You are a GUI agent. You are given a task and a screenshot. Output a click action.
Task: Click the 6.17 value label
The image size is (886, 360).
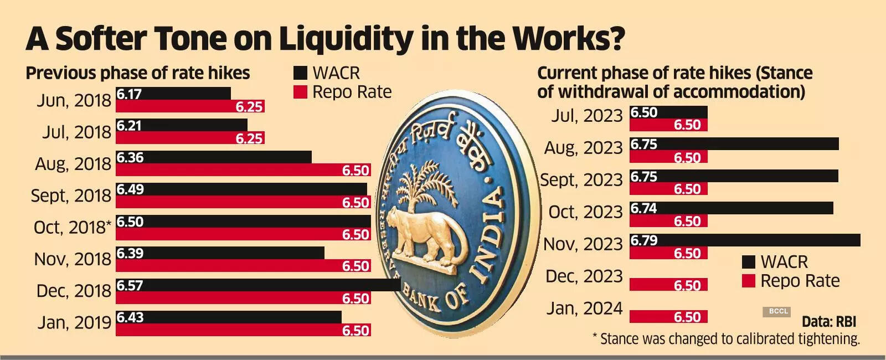tap(129, 94)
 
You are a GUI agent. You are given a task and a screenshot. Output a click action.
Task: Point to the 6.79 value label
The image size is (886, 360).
tap(644, 240)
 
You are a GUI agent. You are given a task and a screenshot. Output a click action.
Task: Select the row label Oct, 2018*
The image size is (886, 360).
tap(73, 228)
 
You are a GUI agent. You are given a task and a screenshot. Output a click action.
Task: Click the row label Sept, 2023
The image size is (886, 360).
tap(581, 180)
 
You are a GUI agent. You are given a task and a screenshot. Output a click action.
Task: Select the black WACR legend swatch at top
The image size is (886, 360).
tap(300, 73)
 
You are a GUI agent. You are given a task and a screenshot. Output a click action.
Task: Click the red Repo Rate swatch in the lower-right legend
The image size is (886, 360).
tap(748, 281)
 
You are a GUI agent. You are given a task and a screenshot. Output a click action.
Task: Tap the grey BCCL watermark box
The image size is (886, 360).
tap(778, 312)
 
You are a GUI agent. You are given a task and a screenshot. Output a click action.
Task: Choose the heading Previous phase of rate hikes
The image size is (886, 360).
tap(138, 73)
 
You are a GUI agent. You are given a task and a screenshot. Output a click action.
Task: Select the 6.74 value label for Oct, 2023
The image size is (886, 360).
tap(644, 209)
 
